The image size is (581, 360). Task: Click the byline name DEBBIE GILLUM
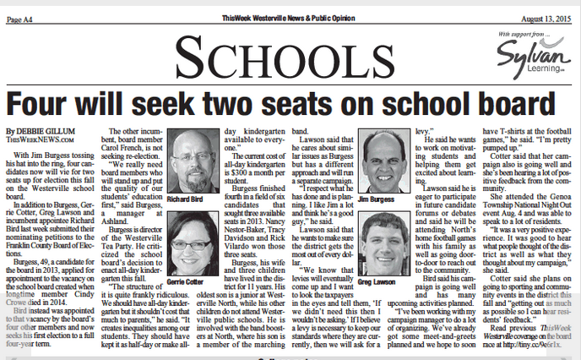[48, 132]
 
